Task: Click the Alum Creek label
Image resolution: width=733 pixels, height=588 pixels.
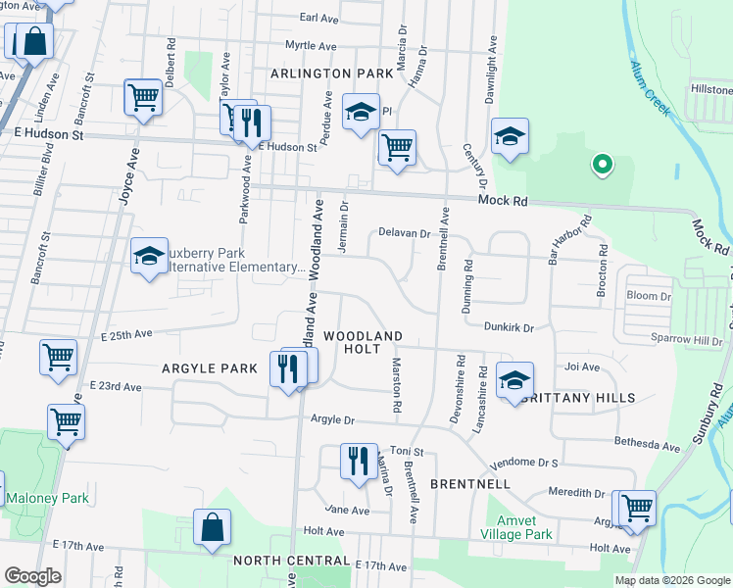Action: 651,88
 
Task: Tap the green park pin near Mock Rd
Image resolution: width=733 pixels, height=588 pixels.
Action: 602,166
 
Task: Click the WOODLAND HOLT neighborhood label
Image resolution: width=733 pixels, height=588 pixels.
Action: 363,342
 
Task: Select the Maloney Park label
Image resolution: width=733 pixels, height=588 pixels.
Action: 47,498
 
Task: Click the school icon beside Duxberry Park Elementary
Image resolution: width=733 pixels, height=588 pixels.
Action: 149,258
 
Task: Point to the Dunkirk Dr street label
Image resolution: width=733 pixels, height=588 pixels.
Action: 509,327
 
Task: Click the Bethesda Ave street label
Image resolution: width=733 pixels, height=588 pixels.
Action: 647,446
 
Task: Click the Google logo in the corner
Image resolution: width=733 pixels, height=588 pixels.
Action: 32,576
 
